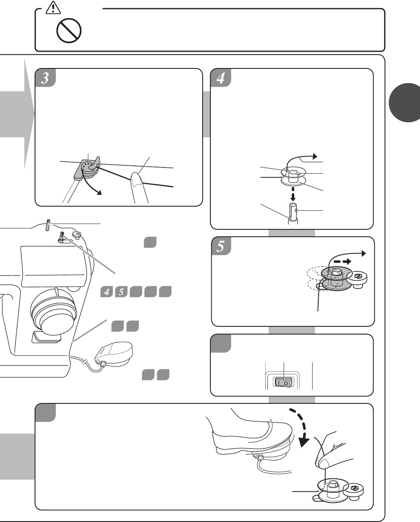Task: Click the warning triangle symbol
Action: click(53, 7)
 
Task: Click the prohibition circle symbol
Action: click(69, 31)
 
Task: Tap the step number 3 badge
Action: click(46, 78)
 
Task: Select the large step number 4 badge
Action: click(221, 78)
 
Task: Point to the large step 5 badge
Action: click(221, 246)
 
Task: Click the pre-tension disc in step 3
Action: click(88, 167)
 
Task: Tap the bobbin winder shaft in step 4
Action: click(293, 214)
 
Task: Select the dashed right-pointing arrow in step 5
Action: click(342, 262)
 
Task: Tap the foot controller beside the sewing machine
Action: click(114, 353)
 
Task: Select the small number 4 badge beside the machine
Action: click(107, 292)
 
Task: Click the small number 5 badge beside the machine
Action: click(121, 292)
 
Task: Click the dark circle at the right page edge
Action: click(405, 103)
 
